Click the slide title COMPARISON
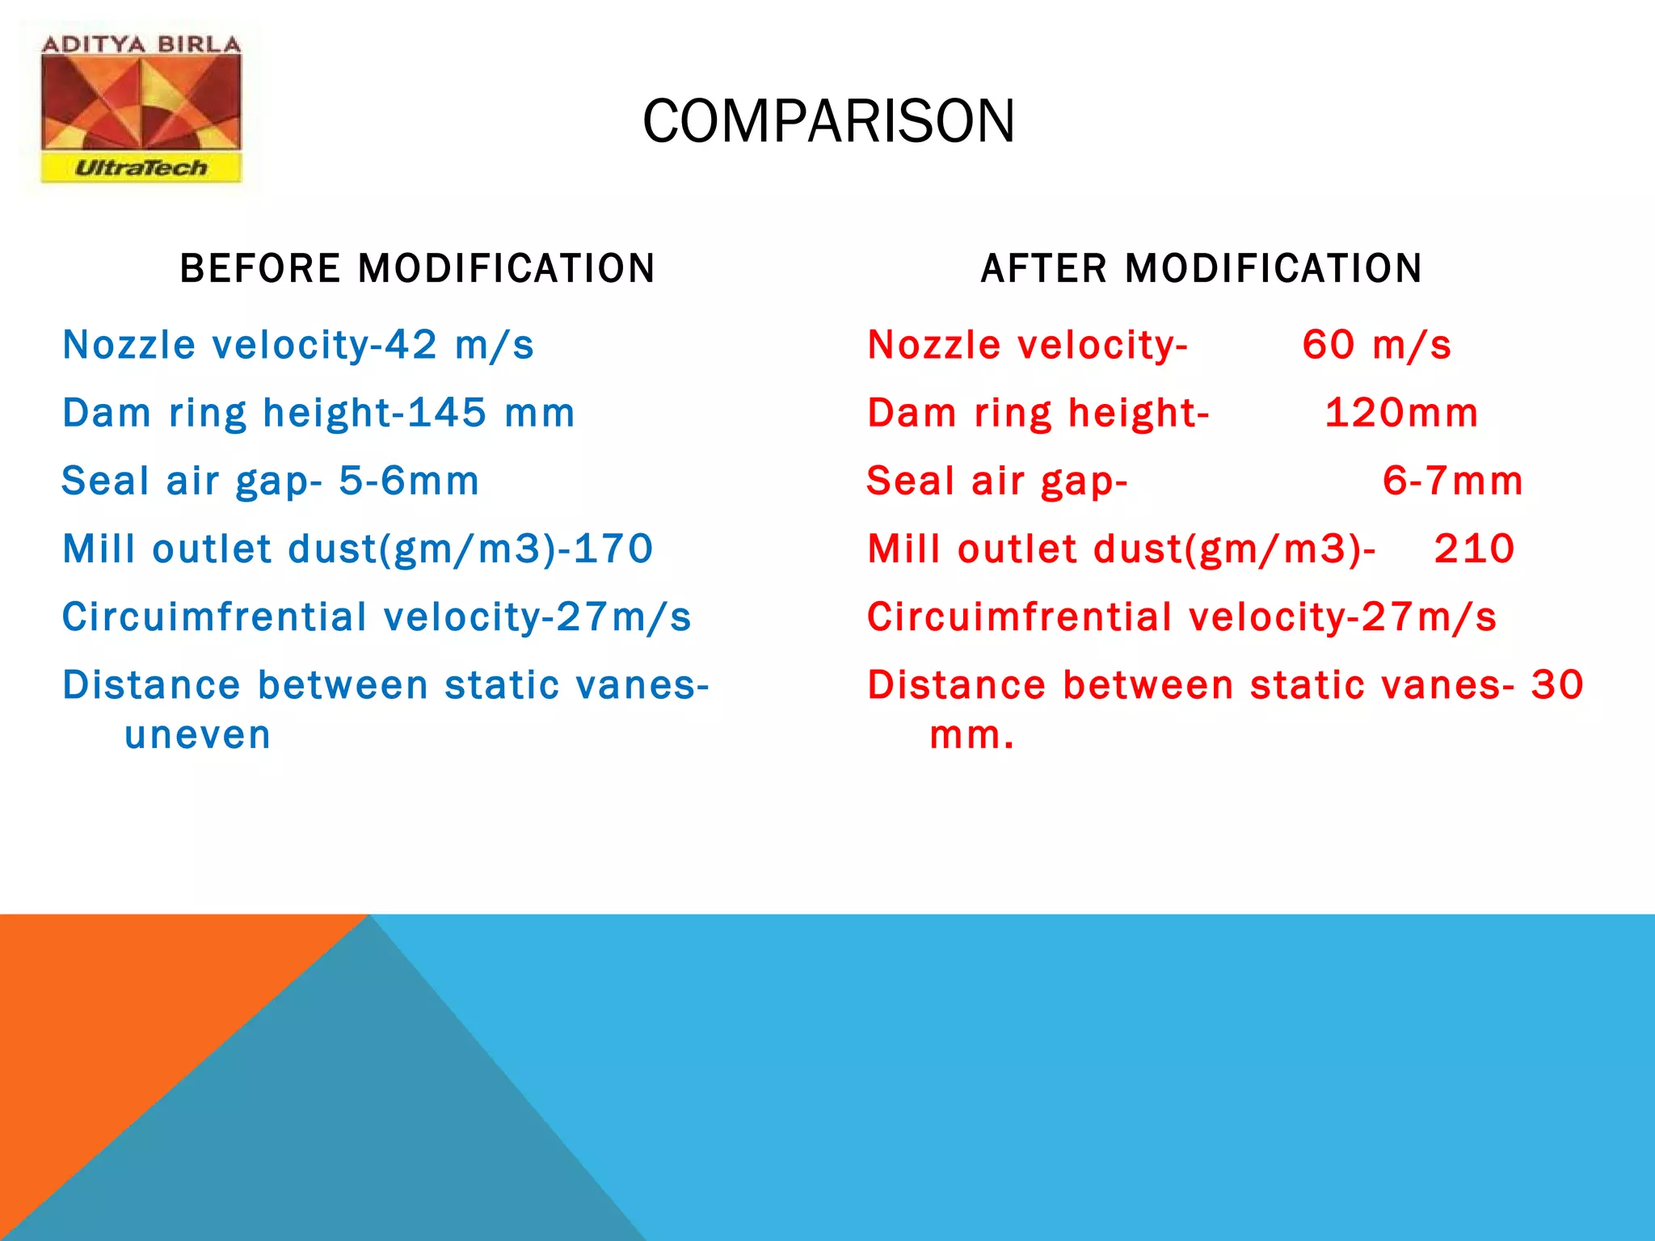click(828, 121)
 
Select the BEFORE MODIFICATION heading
click(417, 268)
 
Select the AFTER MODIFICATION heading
click(1202, 268)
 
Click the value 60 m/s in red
click(1376, 345)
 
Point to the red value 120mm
click(1401, 413)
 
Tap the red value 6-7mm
click(1452, 481)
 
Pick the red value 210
click(1474, 549)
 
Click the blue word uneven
click(198, 735)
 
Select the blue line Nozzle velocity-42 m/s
click(298, 345)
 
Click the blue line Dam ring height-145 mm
click(318, 413)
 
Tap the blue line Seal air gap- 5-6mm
click(271, 481)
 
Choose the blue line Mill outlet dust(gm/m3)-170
click(357, 549)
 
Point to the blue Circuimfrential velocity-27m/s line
click(377, 617)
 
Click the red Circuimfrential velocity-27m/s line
click(1181, 617)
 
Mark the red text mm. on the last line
click(971, 735)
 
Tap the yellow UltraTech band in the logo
click(141, 168)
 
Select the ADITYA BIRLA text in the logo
click(141, 44)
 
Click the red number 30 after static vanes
click(1557, 685)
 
